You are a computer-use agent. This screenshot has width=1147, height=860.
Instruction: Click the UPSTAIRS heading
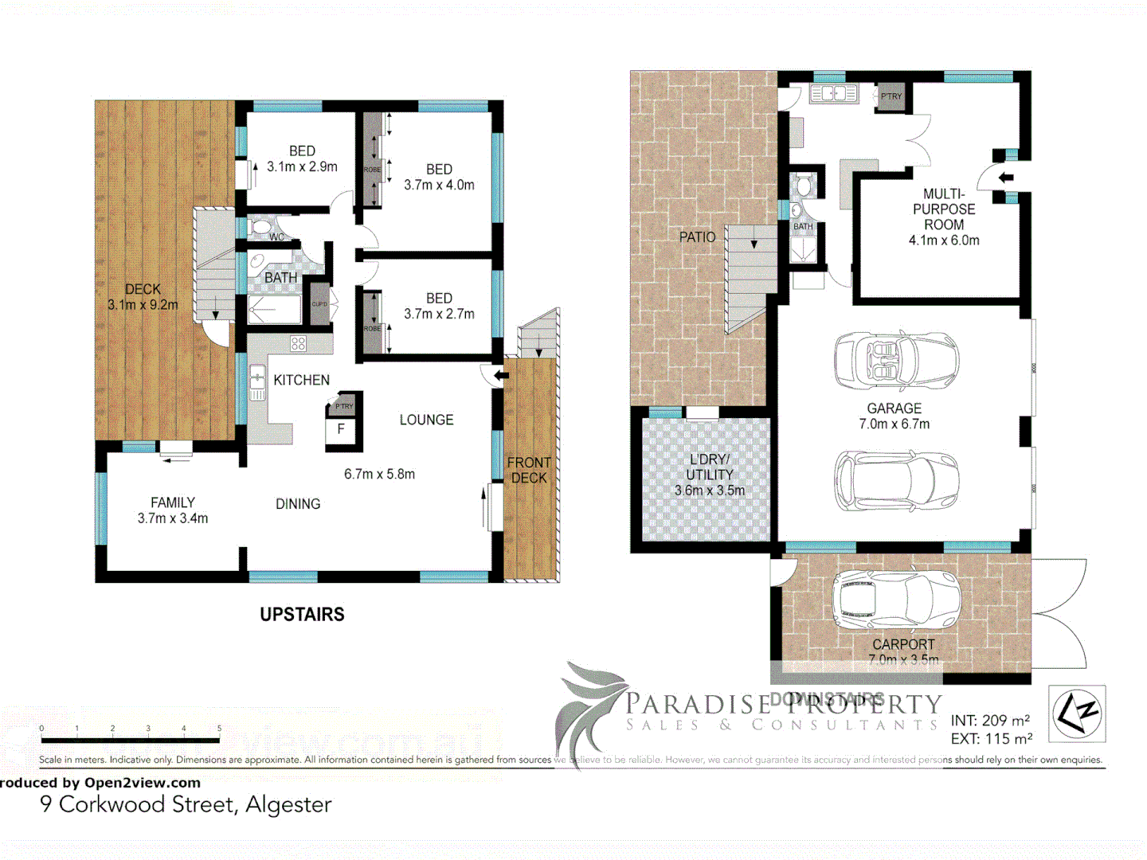point(302,614)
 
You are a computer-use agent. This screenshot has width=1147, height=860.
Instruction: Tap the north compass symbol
point(1077,713)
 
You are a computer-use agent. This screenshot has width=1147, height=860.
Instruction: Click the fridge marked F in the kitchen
point(341,429)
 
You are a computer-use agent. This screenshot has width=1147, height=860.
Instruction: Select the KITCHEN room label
point(301,380)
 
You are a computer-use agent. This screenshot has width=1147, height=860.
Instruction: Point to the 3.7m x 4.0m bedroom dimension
point(439,185)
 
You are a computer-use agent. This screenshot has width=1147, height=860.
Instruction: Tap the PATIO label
point(697,236)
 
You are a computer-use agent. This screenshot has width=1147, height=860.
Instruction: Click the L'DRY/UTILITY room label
point(709,467)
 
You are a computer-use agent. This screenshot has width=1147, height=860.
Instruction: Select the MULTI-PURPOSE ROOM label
point(944,209)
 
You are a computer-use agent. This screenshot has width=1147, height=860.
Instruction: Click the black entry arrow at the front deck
point(501,376)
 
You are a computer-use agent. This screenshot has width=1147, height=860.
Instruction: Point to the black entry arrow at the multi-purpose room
point(1006,178)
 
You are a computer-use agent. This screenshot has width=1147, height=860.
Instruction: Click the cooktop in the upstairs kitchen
point(298,344)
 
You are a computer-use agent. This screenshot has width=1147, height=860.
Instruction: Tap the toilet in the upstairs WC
point(260,227)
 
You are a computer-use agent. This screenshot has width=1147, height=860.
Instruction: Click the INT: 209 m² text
point(990,721)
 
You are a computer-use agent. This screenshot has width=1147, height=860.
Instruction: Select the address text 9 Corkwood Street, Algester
point(186,804)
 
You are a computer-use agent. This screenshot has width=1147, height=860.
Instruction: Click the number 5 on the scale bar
point(219,729)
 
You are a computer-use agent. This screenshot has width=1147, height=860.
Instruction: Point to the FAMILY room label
point(173,502)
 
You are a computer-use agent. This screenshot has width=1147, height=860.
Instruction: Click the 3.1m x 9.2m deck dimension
point(143,305)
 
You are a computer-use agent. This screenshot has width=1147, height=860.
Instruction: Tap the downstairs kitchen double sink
point(833,94)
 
